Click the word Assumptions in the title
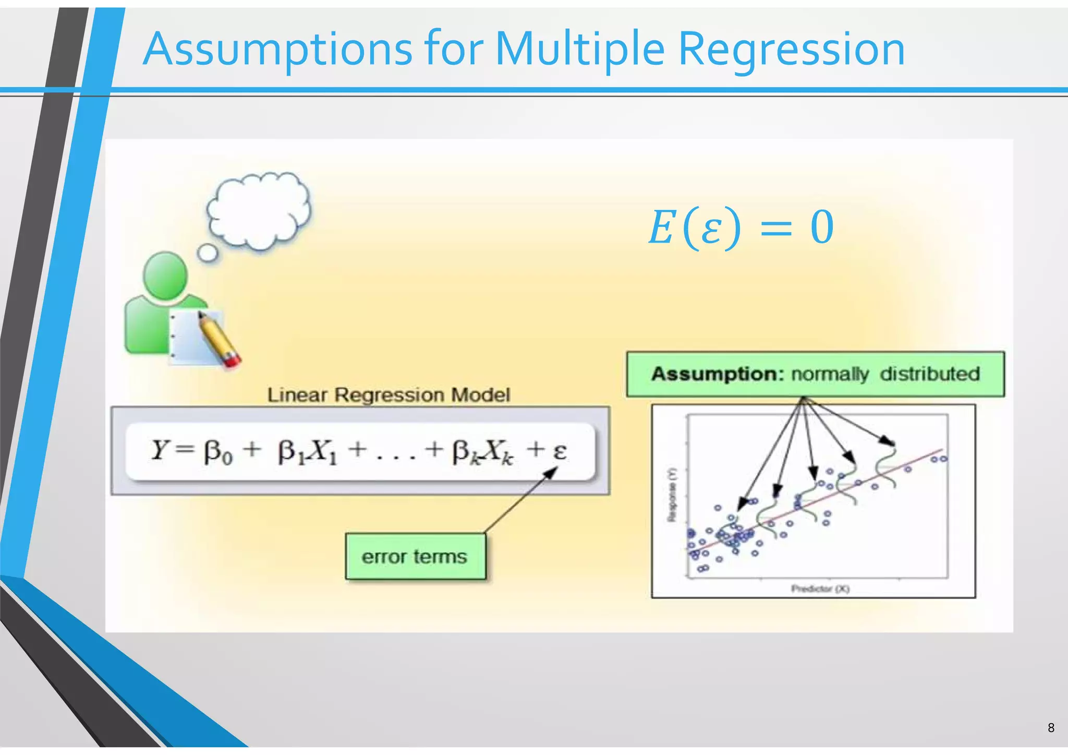click(x=277, y=50)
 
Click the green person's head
click(x=166, y=275)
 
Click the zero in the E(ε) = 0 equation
click(x=822, y=227)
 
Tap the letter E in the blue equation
click(x=661, y=227)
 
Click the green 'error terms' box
click(x=415, y=556)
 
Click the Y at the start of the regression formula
click(x=160, y=450)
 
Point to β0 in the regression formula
click(x=218, y=452)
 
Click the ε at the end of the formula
click(x=560, y=451)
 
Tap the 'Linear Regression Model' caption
click(x=389, y=395)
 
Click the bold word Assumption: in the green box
click(x=718, y=374)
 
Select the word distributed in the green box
click(x=930, y=374)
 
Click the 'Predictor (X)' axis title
click(x=820, y=589)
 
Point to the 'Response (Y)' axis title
click(x=672, y=494)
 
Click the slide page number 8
click(x=1051, y=727)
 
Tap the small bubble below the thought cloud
click(x=208, y=253)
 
